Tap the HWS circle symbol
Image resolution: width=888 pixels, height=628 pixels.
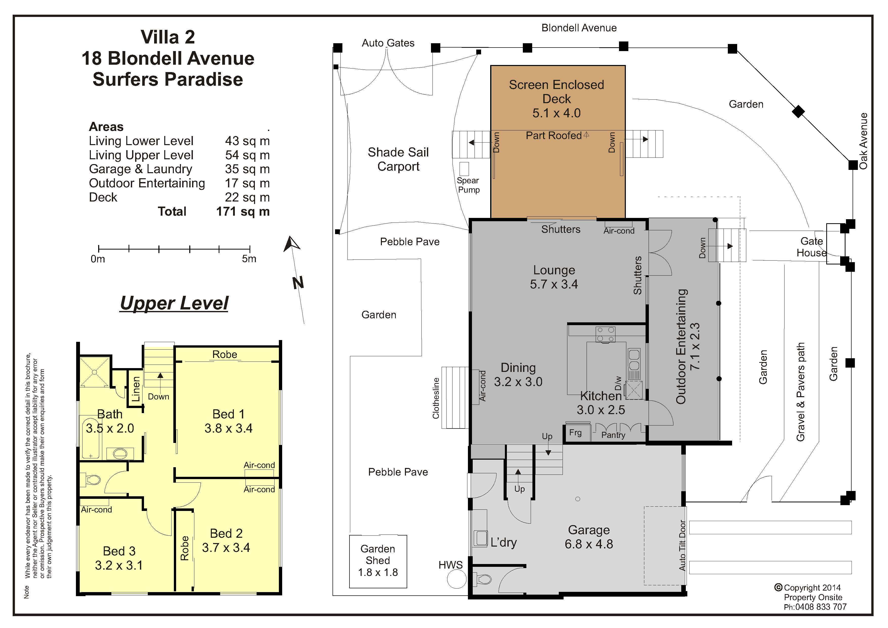(457, 579)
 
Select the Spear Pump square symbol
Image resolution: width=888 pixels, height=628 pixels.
(464, 169)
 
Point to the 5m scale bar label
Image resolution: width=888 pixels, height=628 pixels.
(249, 259)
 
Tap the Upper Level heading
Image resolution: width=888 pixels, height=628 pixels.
(174, 303)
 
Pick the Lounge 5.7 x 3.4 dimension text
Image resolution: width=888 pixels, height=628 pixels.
(554, 284)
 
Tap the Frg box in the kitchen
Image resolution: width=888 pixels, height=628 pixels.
(578, 432)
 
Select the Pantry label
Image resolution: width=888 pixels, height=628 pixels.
(613, 435)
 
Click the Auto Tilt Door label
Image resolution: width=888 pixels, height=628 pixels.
(682, 545)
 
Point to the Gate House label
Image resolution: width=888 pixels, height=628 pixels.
(811, 247)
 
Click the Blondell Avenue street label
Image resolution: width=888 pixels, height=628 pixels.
(579, 28)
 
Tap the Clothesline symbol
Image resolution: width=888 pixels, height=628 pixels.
(455, 397)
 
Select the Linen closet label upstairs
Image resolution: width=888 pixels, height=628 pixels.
(135, 389)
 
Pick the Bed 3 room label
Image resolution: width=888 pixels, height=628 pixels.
(119, 551)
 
